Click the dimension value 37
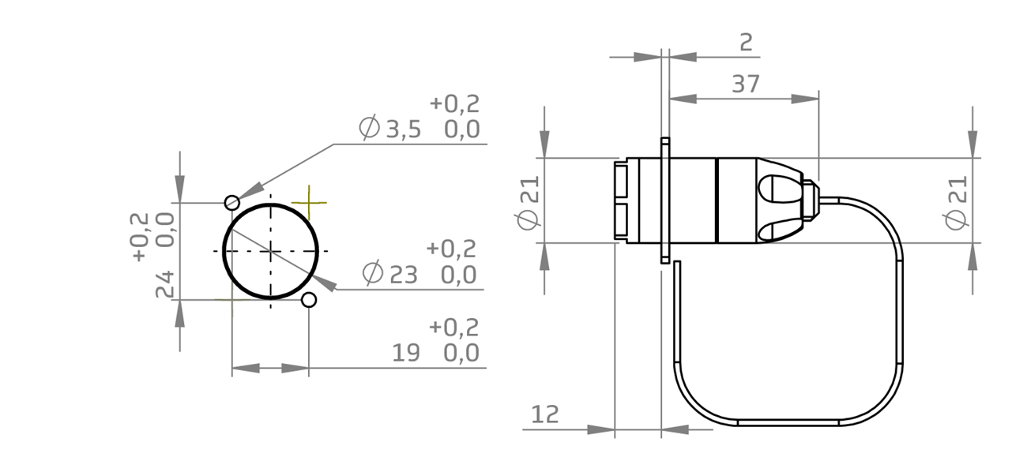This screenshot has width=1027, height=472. tap(745, 84)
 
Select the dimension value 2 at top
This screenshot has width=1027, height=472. tap(746, 43)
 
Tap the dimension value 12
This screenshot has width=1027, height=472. tap(545, 414)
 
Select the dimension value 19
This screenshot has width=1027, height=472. tap(406, 353)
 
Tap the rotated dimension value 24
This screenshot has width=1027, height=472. tap(164, 284)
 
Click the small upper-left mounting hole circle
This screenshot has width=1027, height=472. tap(232, 203)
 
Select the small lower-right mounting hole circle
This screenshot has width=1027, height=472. tap(309, 300)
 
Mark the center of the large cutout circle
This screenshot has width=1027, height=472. tap(271, 251)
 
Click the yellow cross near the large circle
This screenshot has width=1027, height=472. tap(308, 204)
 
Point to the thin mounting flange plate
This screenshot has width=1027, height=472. tap(665, 200)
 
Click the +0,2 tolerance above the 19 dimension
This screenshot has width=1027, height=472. tap(453, 328)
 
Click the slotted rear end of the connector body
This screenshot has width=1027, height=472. tap(621, 200)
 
